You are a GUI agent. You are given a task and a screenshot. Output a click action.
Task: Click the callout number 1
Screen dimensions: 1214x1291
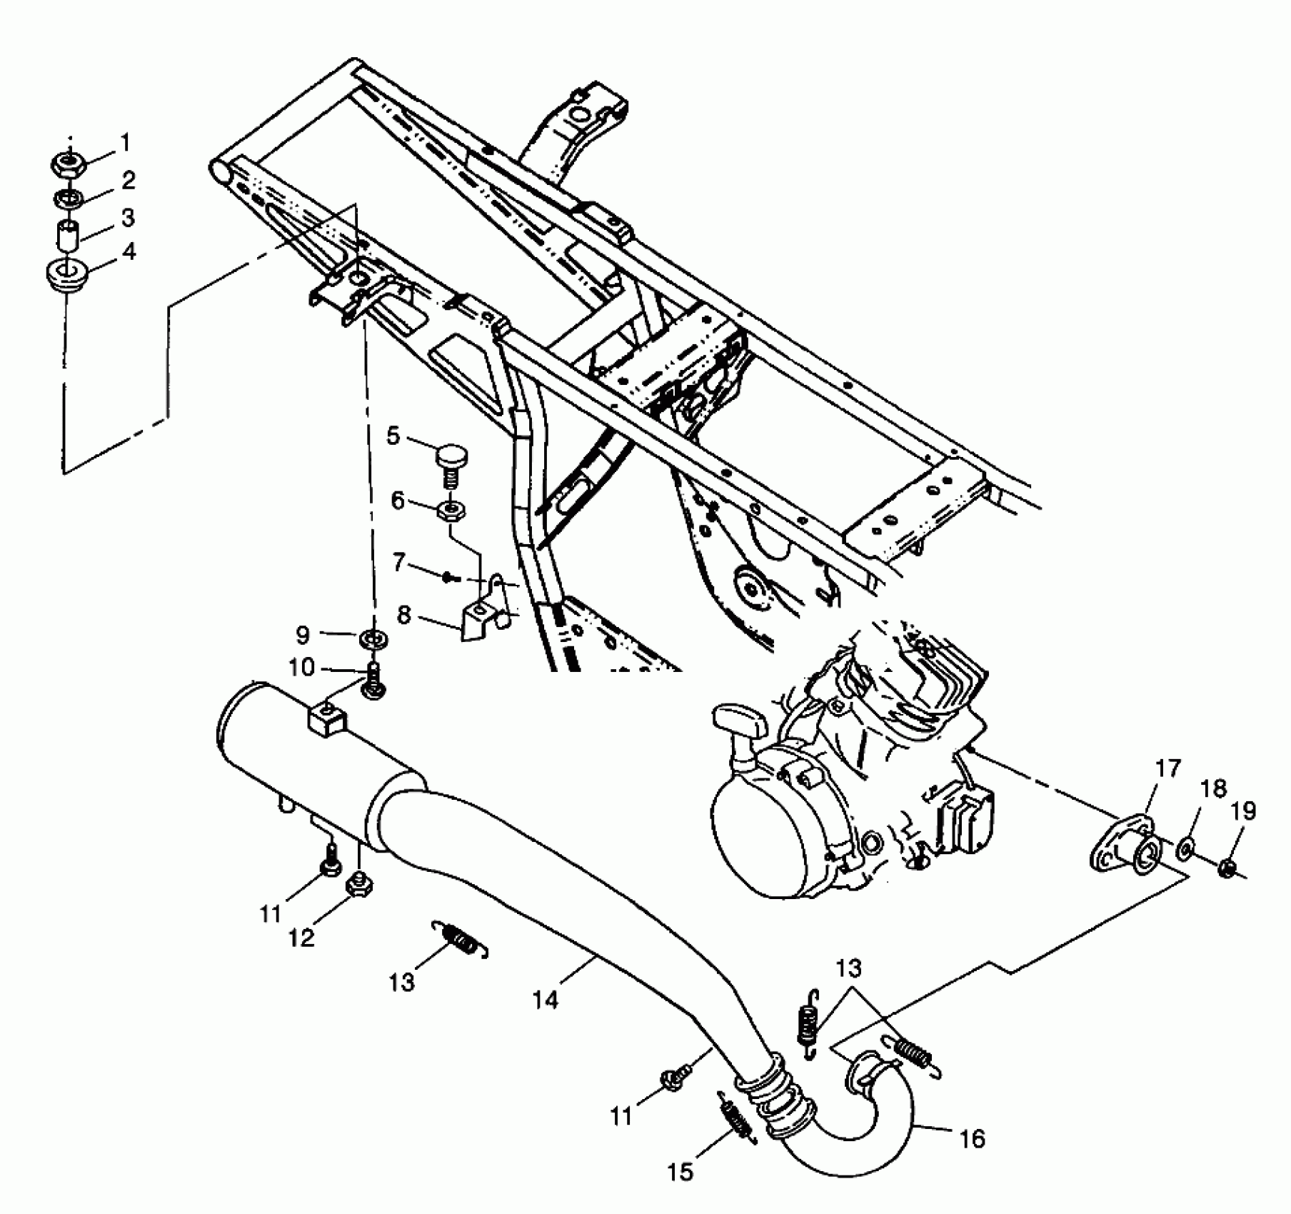click(126, 143)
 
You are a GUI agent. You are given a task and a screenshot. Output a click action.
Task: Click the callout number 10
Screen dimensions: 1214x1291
click(301, 667)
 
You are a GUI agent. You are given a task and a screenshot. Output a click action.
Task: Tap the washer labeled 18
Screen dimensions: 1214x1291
click(1185, 848)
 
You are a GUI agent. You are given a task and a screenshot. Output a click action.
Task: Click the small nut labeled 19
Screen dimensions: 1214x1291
click(1227, 868)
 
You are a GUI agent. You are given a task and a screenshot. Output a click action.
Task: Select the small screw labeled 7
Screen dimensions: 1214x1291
click(448, 577)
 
